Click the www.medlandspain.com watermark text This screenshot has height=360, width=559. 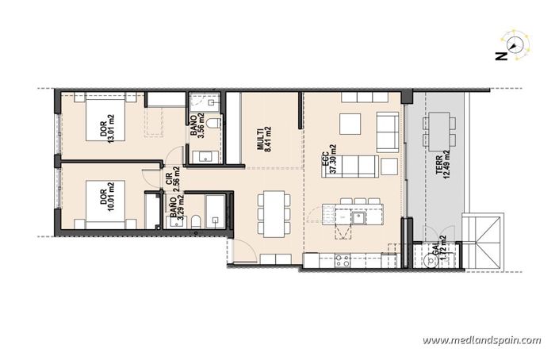pyautogui.click(x=482, y=340)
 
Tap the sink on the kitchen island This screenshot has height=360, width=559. pyautogui.click(x=358, y=215)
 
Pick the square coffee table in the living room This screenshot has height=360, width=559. pyautogui.click(x=350, y=125)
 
